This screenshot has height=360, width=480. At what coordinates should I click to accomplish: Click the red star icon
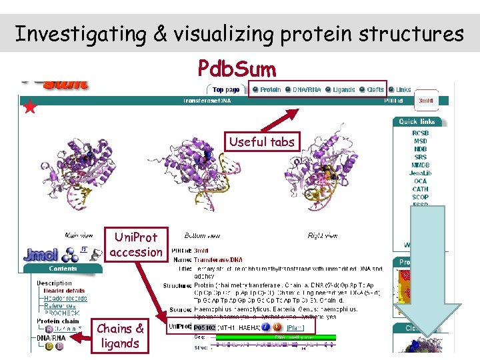tap(29, 107)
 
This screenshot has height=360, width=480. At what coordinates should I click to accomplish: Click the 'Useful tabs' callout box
tap(261, 141)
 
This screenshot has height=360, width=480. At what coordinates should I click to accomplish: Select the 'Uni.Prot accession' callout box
tap(136, 245)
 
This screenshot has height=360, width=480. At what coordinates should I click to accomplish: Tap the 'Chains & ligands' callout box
tap(119, 336)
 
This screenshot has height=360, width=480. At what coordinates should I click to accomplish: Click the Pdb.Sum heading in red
tap(237, 68)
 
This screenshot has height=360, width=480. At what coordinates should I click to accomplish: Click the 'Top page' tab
tap(226, 90)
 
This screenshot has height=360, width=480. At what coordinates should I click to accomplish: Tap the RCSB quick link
tap(420, 133)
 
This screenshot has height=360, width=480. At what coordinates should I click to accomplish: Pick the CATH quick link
tap(420, 189)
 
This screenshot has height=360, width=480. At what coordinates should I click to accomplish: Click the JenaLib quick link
tap(420, 173)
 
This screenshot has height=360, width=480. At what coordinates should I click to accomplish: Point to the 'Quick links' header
tap(417, 121)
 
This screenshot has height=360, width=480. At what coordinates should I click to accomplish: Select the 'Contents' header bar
tap(63, 268)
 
